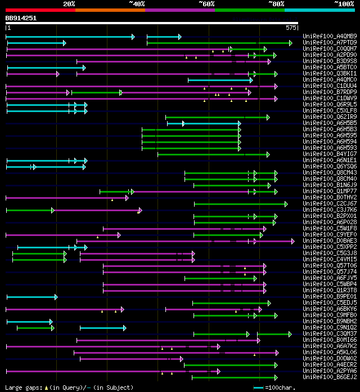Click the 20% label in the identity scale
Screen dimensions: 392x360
(x=69, y=3)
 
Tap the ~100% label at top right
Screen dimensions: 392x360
(x=344, y=3)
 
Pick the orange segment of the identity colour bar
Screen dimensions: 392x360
(x=110, y=10)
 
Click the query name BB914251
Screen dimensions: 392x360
(x=21, y=18)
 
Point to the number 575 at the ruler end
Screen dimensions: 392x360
(x=291, y=27)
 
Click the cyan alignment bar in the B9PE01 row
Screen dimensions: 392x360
(x=31, y=297)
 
